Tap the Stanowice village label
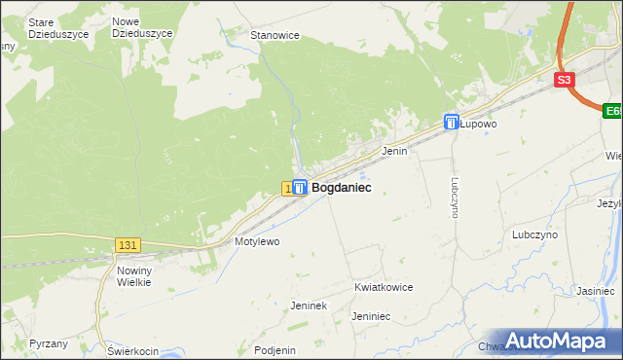click(x=275, y=35)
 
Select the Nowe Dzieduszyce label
click(x=142, y=26)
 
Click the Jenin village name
click(x=394, y=152)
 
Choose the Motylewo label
click(x=257, y=240)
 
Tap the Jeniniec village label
click(x=371, y=316)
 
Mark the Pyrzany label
click(x=49, y=343)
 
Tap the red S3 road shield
click(x=566, y=81)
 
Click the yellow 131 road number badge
click(x=128, y=245)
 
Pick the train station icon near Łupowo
click(x=452, y=122)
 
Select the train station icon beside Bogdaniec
click(x=301, y=187)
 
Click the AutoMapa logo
click(x=557, y=341)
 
